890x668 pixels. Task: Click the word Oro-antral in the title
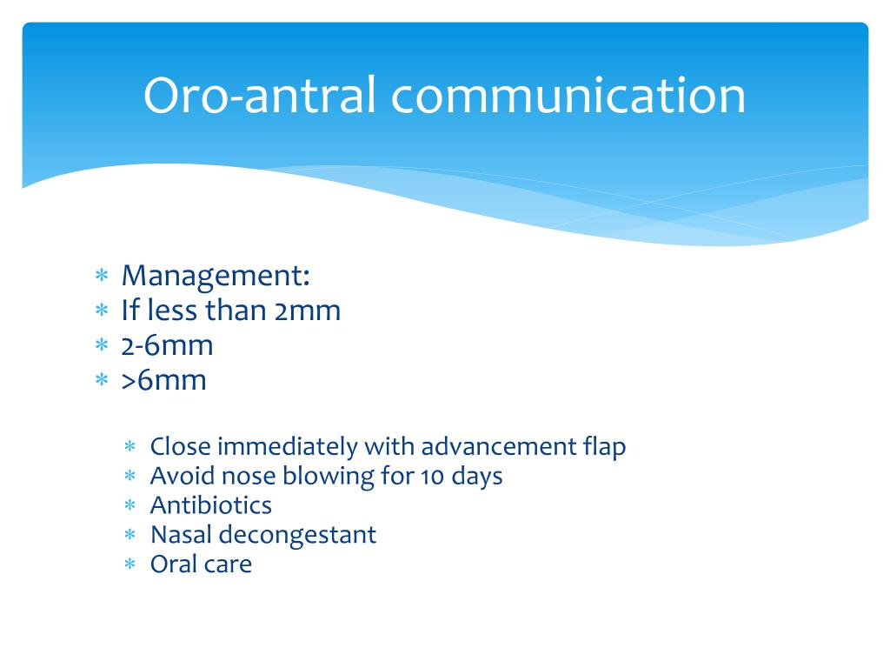coord(260,95)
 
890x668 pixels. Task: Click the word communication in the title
coord(568,95)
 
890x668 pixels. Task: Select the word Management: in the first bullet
coord(216,277)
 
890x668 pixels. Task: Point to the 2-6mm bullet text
coord(167,345)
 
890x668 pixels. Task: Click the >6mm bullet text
coord(163,381)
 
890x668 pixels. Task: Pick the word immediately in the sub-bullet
coord(287,447)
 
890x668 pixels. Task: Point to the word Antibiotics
coord(210,505)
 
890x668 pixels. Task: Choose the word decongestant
coord(297,536)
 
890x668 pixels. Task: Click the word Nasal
coord(181,535)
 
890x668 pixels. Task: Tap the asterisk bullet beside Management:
coord(102,276)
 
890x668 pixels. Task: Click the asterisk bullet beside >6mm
coord(102,379)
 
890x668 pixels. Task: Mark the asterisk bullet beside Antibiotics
coord(130,504)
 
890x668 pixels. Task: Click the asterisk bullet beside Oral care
coord(130,564)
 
